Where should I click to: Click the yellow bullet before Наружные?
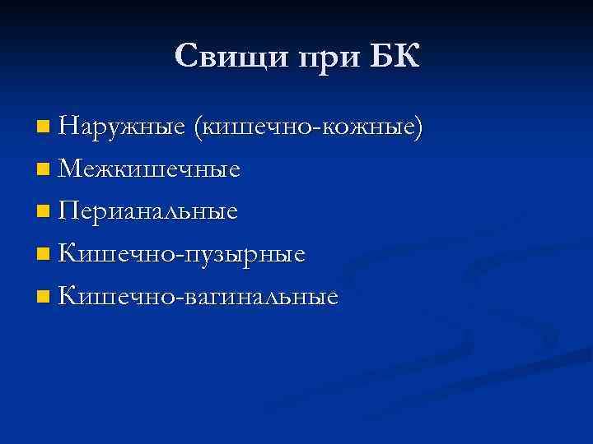pyautogui.click(x=43, y=127)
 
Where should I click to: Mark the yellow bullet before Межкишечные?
pyautogui.click(x=43, y=169)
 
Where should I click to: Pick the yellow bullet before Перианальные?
pyautogui.click(x=43, y=212)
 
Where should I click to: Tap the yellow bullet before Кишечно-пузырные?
pyautogui.click(x=43, y=255)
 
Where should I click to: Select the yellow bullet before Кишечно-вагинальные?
pyautogui.click(x=43, y=297)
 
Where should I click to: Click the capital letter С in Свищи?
pyautogui.click(x=185, y=56)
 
